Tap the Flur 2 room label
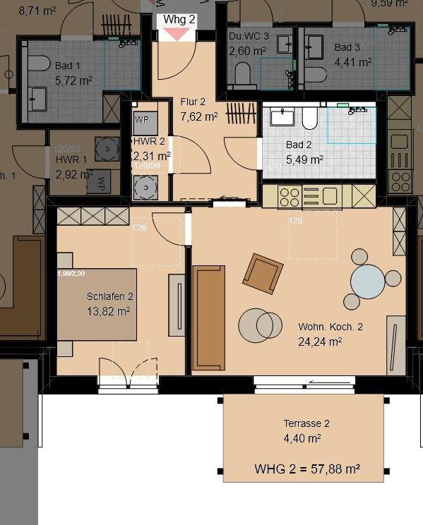(193, 102)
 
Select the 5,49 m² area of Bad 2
(304, 159)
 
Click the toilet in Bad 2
(309, 118)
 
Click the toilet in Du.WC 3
(242, 73)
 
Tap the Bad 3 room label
(347, 47)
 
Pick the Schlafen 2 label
(110, 296)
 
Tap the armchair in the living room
(263, 273)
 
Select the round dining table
(367, 282)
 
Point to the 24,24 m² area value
(320, 342)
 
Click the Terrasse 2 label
(306, 423)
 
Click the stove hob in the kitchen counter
(290, 195)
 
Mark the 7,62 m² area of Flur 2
(200, 116)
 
